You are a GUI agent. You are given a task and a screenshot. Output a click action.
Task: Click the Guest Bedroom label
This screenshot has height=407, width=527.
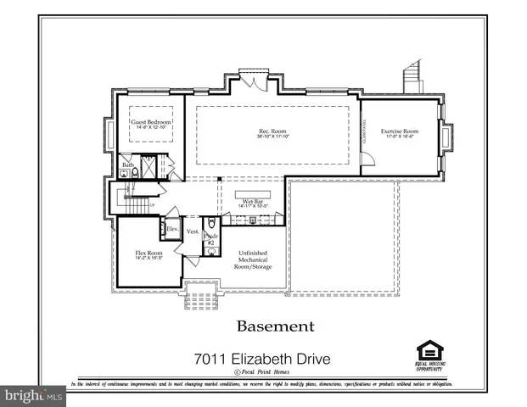coord(150,122)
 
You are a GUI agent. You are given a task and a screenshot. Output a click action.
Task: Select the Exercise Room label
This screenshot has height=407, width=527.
coord(400,131)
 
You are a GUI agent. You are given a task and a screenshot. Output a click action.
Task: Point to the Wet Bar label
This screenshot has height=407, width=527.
coord(254,201)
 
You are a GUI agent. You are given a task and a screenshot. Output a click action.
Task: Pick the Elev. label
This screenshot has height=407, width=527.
coord(171,229)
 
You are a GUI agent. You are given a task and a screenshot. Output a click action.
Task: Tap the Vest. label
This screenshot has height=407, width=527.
coord(192,231)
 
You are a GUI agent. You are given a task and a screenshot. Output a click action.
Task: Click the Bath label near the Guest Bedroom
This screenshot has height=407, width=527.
coord(126,164)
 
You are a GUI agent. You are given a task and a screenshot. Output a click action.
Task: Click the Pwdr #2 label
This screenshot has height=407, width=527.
coord(211,239)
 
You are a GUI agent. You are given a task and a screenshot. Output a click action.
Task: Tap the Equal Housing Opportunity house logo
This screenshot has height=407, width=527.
coord(429,351)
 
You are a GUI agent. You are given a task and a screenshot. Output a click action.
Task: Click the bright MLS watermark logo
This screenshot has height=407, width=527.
coord(34,395)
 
